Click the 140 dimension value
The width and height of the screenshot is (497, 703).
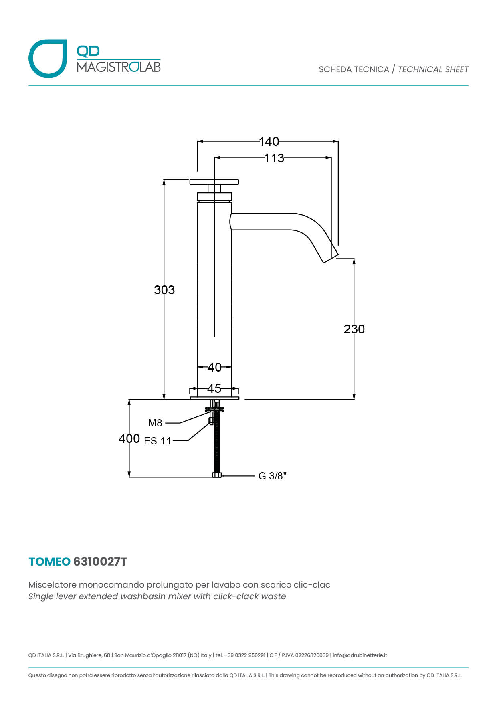(269, 141)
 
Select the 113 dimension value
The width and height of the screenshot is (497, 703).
(274, 158)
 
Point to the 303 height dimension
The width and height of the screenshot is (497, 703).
(164, 290)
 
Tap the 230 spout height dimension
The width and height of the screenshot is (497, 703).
(354, 329)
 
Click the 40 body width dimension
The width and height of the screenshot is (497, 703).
(214, 367)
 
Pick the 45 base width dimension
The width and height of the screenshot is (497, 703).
(214, 388)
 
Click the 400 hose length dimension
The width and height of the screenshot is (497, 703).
(129, 438)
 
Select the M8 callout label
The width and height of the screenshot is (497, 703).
(155, 423)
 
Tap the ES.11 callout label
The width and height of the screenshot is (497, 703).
(158, 441)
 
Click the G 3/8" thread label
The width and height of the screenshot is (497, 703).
(273, 476)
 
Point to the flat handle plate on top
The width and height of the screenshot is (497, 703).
(214, 182)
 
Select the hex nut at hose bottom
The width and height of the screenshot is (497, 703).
(217, 475)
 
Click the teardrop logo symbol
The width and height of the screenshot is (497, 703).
(48, 59)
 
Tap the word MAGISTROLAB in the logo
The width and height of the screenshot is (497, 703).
(119, 67)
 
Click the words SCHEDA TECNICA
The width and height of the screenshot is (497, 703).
(354, 69)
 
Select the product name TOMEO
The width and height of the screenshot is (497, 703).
(49, 562)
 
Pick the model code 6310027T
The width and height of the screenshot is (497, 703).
(100, 562)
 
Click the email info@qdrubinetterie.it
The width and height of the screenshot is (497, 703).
(360, 655)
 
